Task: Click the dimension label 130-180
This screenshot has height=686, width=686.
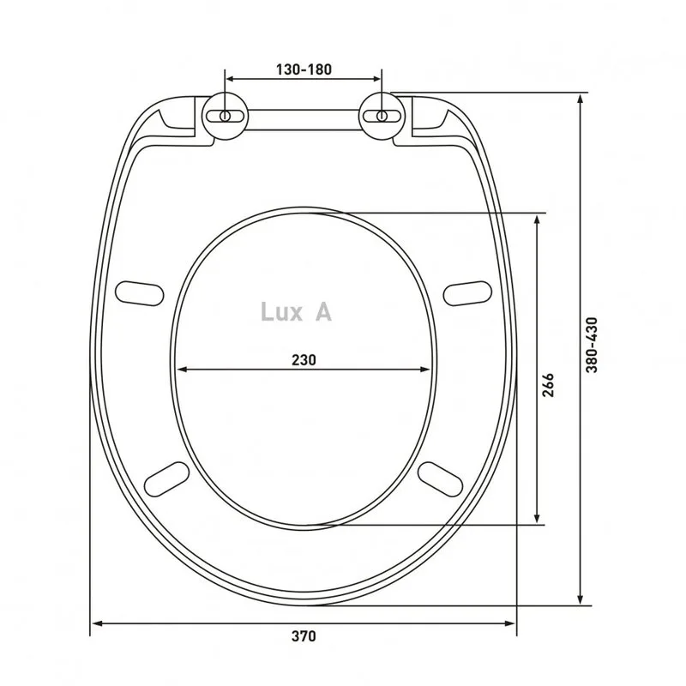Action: pos(304,69)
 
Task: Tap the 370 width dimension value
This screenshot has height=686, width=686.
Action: pos(304,635)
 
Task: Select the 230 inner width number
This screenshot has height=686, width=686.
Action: pos(304,359)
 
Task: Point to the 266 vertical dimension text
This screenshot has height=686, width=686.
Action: pos(548,385)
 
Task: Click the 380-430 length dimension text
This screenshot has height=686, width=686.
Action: pos(592,345)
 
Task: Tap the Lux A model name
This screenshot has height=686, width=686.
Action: pos(296,312)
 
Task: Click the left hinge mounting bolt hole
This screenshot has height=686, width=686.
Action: pos(225,116)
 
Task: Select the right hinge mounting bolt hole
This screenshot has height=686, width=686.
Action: pos(382,116)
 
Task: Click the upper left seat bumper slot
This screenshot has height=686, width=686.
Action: pos(139,293)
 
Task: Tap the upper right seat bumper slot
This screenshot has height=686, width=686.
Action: pos(467,293)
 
